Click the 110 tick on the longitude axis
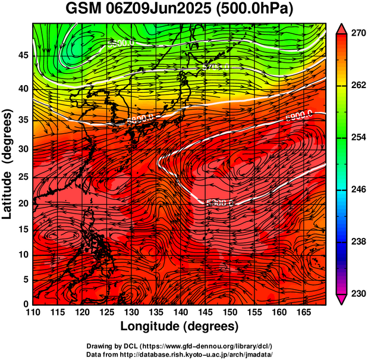click(33, 312)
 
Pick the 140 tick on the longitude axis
click(180, 312)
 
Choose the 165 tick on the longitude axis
click(302, 312)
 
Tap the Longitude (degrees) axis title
click(180, 326)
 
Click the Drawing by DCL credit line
click(180, 346)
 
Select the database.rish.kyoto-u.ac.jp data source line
click(180, 353)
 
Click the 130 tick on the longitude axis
click(131, 312)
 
